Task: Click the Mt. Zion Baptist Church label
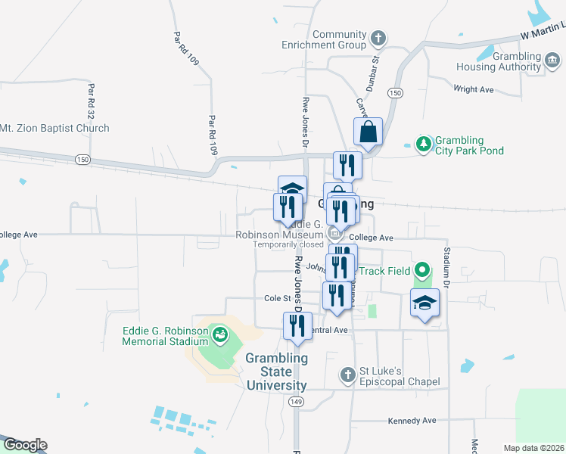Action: [54, 129]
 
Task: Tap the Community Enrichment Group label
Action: [339, 39]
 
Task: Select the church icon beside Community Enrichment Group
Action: [378, 37]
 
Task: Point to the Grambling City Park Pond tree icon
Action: [424, 143]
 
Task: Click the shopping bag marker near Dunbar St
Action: [368, 132]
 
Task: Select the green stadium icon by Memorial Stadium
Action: [220, 333]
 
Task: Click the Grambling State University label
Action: [276, 372]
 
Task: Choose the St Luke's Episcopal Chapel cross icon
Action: [347, 375]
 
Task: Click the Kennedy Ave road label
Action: [412, 421]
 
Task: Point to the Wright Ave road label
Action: [473, 89]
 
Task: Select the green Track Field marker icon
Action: [423, 270]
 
